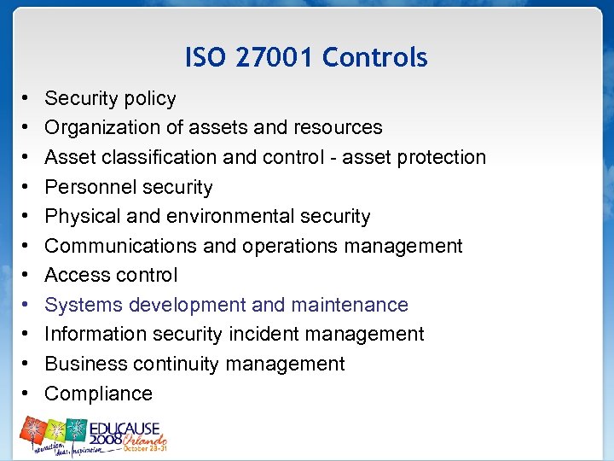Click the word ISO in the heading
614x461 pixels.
pos(205,58)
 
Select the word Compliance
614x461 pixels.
pos(98,394)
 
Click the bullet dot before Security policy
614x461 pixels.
pos(27,99)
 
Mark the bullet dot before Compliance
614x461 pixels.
pos(27,394)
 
